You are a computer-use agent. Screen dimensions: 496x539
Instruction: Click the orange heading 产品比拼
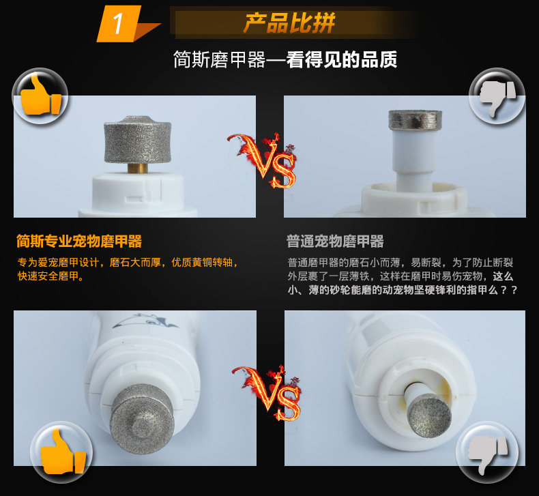(x=289, y=23)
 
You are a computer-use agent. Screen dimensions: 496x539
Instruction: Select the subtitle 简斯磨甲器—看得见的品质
(x=285, y=60)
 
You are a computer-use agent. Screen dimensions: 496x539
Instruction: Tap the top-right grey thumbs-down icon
(x=496, y=96)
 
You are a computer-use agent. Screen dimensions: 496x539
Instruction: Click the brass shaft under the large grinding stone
(x=139, y=167)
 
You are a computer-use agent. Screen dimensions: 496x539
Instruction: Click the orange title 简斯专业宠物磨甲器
(x=79, y=241)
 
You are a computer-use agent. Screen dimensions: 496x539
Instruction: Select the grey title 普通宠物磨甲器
(x=335, y=241)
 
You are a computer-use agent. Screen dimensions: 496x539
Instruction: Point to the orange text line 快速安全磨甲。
(x=50, y=276)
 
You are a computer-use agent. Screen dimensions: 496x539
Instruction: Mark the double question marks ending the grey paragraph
(x=509, y=290)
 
